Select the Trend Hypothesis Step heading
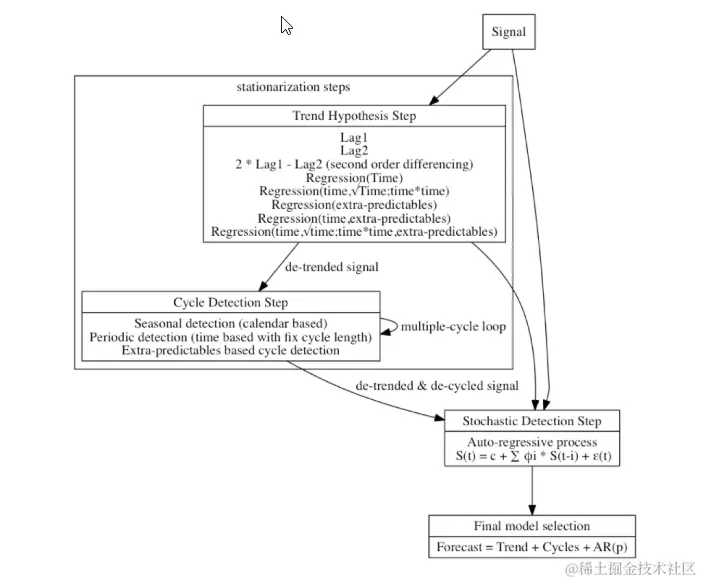[x=354, y=116]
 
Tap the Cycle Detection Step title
[x=230, y=303]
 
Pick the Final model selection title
[x=531, y=526]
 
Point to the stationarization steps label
[x=292, y=87]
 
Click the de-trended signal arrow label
[x=333, y=268]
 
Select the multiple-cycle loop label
[x=452, y=327]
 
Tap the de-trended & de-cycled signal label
[x=437, y=385]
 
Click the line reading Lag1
[x=354, y=137]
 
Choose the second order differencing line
[x=354, y=163]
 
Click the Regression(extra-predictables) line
[x=354, y=204]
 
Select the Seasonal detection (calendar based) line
[x=230, y=324]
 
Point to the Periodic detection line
[x=230, y=337]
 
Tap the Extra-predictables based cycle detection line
[x=230, y=351]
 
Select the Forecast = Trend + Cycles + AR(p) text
[x=531, y=547]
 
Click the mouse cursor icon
[x=286, y=26]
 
